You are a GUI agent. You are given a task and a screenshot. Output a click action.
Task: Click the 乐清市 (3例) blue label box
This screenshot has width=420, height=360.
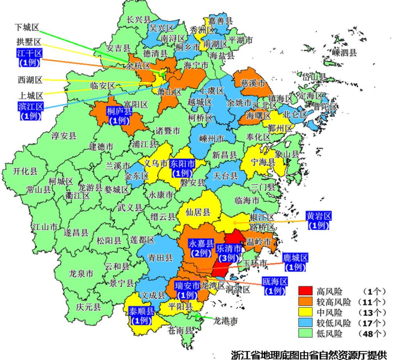coord(229,253)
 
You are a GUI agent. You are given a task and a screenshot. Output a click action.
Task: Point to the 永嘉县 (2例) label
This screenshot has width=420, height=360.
coord(202,248)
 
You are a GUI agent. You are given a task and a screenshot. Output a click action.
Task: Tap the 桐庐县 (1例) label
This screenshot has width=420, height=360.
coord(119,115)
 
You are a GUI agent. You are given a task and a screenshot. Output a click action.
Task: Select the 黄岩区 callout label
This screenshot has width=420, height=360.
coord(319,221)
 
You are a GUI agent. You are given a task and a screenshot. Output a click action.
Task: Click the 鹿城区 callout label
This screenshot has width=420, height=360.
coord(295,262)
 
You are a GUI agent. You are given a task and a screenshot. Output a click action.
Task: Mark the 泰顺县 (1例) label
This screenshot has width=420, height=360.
coord(142,316)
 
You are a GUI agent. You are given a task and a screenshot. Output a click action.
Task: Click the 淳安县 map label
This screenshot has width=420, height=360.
coord(64,136)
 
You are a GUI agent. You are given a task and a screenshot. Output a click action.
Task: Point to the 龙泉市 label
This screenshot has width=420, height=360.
coord(81,273)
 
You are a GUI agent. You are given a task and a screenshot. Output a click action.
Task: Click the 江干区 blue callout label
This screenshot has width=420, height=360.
coord(29,58)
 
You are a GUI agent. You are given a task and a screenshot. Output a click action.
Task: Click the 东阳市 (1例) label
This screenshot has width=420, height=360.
coord(182,168)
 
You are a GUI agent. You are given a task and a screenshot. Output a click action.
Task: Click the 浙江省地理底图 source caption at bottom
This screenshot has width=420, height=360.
coord(308,353)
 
